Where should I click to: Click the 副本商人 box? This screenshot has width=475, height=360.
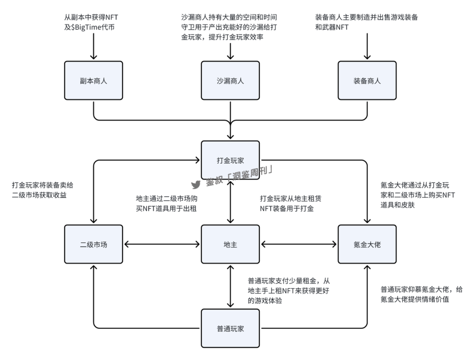pos(94,81)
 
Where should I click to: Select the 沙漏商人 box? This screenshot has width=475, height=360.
pos(231,81)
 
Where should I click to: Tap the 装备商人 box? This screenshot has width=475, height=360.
pos(367,81)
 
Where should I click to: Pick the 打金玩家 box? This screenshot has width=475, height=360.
pos(231,161)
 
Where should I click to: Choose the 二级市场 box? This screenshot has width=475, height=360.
pos(94,244)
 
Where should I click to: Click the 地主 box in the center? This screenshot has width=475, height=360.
pos(231,244)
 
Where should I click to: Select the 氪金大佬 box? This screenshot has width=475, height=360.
pos(367,244)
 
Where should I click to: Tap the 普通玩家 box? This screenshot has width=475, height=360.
pos(231,327)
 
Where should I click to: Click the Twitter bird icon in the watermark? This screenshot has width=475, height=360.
pos(196,184)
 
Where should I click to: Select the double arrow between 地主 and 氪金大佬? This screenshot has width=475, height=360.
pos(299,244)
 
